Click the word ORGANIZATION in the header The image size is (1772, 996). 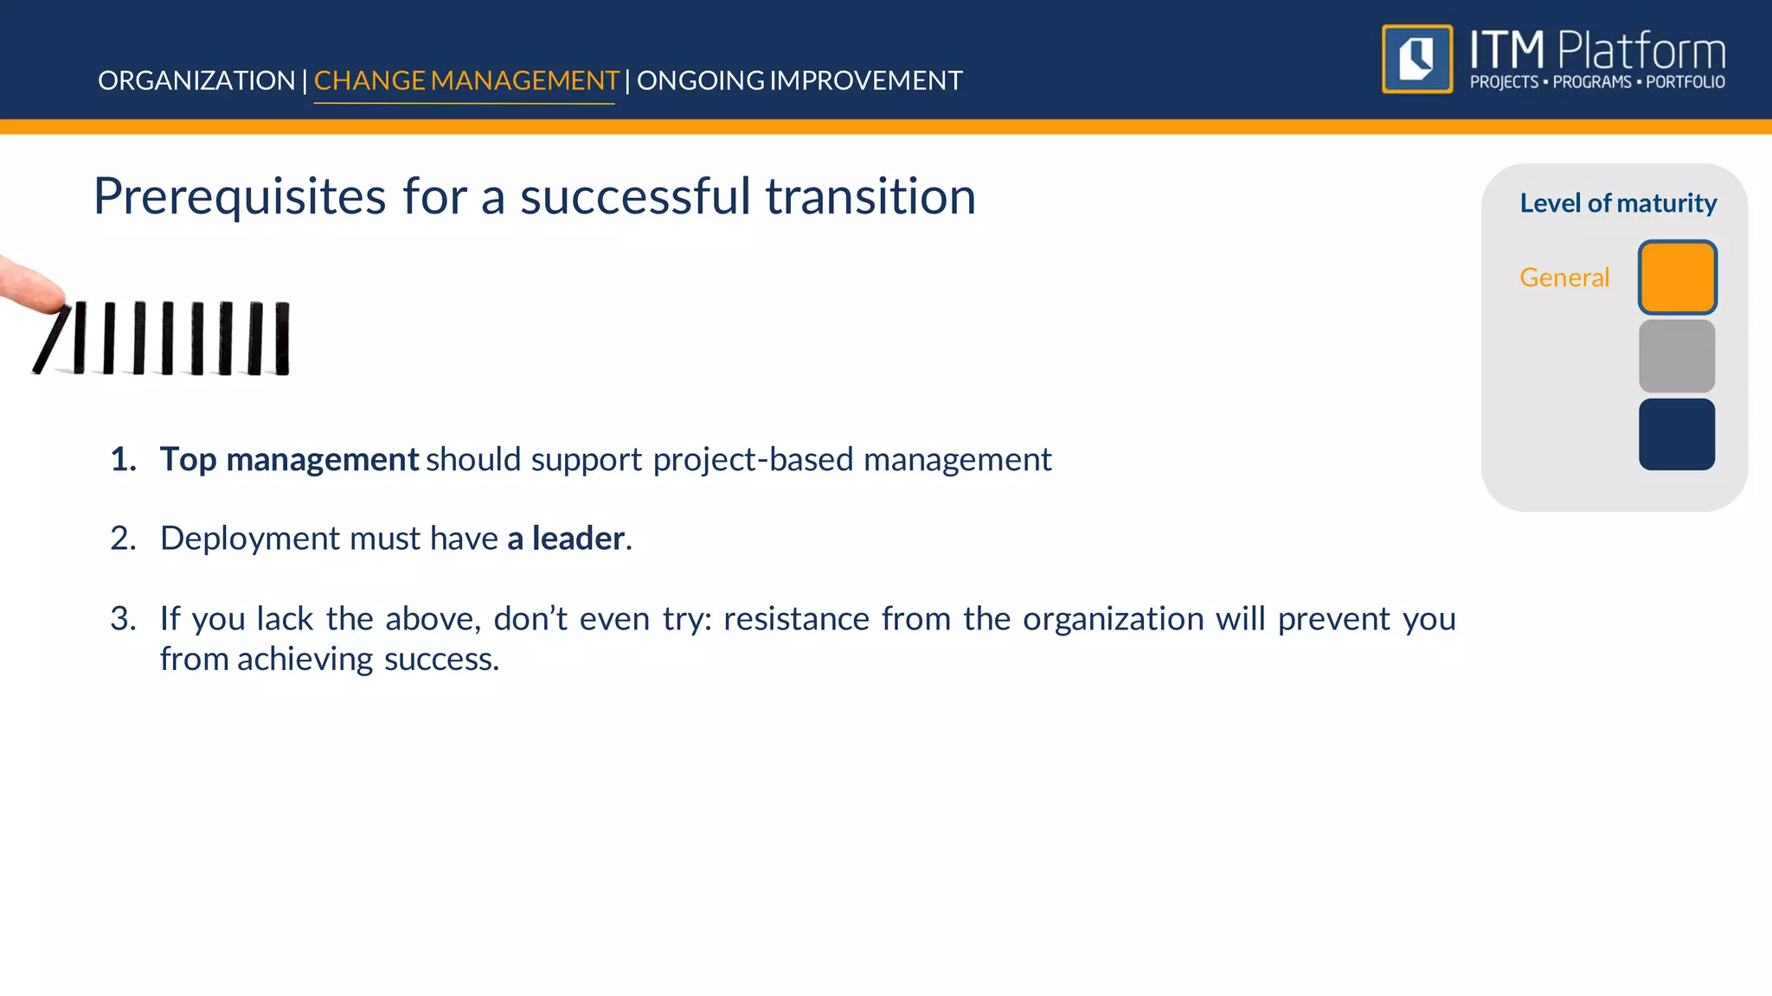coord(196,80)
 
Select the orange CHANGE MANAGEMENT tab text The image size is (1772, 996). coord(465,80)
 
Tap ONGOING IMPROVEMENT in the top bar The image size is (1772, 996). coord(799,80)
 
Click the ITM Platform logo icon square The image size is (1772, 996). coord(1417,59)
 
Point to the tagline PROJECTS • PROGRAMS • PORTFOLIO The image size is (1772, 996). coord(1597,83)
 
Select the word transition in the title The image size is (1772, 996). coord(870,197)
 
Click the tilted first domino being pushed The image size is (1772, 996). coord(53,339)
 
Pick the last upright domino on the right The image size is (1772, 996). coord(282,338)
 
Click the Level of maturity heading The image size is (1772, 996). coord(1617,203)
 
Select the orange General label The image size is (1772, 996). coord(1563,278)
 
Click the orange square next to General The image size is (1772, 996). coord(1677,278)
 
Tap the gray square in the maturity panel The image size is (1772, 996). coord(1676,356)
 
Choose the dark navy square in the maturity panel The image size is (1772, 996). coord(1676,434)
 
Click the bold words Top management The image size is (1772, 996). coord(289,460)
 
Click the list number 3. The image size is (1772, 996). coord(123,619)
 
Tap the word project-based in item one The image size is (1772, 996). coord(753,460)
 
